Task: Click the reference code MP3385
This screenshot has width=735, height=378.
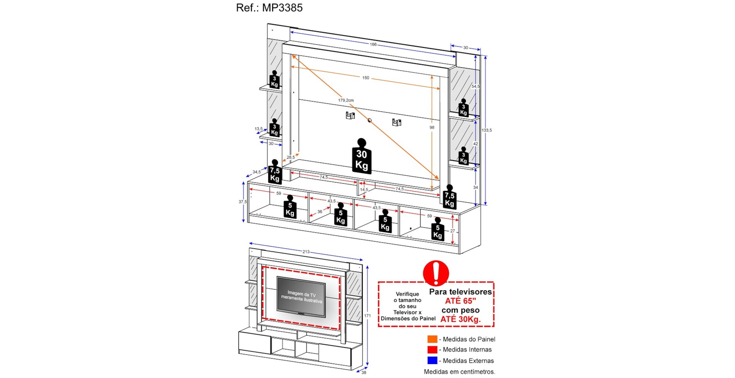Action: (282, 8)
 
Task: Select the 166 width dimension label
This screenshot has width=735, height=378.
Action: (373, 44)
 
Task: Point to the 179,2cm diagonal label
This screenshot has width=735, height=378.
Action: (346, 100)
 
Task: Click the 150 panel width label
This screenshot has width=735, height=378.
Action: (366, 78)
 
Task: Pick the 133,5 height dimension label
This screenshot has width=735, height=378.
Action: (487, 130)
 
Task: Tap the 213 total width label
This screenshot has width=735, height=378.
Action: (306, 252)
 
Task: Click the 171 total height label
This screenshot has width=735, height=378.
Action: (367, 316)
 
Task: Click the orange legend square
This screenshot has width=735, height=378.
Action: (432, 339)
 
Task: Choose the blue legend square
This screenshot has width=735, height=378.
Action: (432, 360)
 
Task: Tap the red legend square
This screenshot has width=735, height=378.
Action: (432, 350)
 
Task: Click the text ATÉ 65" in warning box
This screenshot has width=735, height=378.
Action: (460, 301)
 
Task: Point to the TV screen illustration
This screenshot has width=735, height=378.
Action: (301, 296)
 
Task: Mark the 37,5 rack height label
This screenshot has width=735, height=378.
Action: (243, 202)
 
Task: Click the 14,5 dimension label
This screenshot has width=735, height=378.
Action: (364, 190)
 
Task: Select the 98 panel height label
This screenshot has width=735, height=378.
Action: (432, 128)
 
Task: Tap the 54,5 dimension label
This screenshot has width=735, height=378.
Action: (476, 86)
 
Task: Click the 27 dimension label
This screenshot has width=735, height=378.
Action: (452, 231)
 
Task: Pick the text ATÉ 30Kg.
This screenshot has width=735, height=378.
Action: (460, 319)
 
